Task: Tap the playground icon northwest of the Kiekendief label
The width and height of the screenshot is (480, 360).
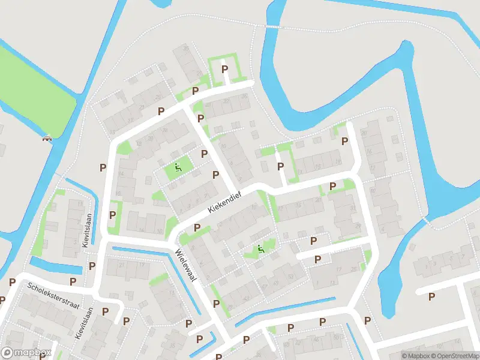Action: pyautogui.click(x=178, y=168)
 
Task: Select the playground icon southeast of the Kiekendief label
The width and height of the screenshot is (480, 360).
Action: pyautogui.click(x=260, y=249)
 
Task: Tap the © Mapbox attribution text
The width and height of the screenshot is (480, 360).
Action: pyautogui.click(x=415, y=356)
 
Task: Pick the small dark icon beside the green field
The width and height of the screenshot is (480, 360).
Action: pyautogui.click(x=46, y=139)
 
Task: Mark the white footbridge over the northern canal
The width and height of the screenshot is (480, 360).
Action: pyautogui.click(x=272, y=27)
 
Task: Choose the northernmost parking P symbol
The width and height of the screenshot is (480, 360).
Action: pyautogui.click(x=225, y=70)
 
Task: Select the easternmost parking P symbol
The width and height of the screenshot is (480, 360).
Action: pyautogui.click(x=431, y=296)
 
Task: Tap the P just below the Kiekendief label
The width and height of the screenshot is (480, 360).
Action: pyautogui.click(x=198, y=229)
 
